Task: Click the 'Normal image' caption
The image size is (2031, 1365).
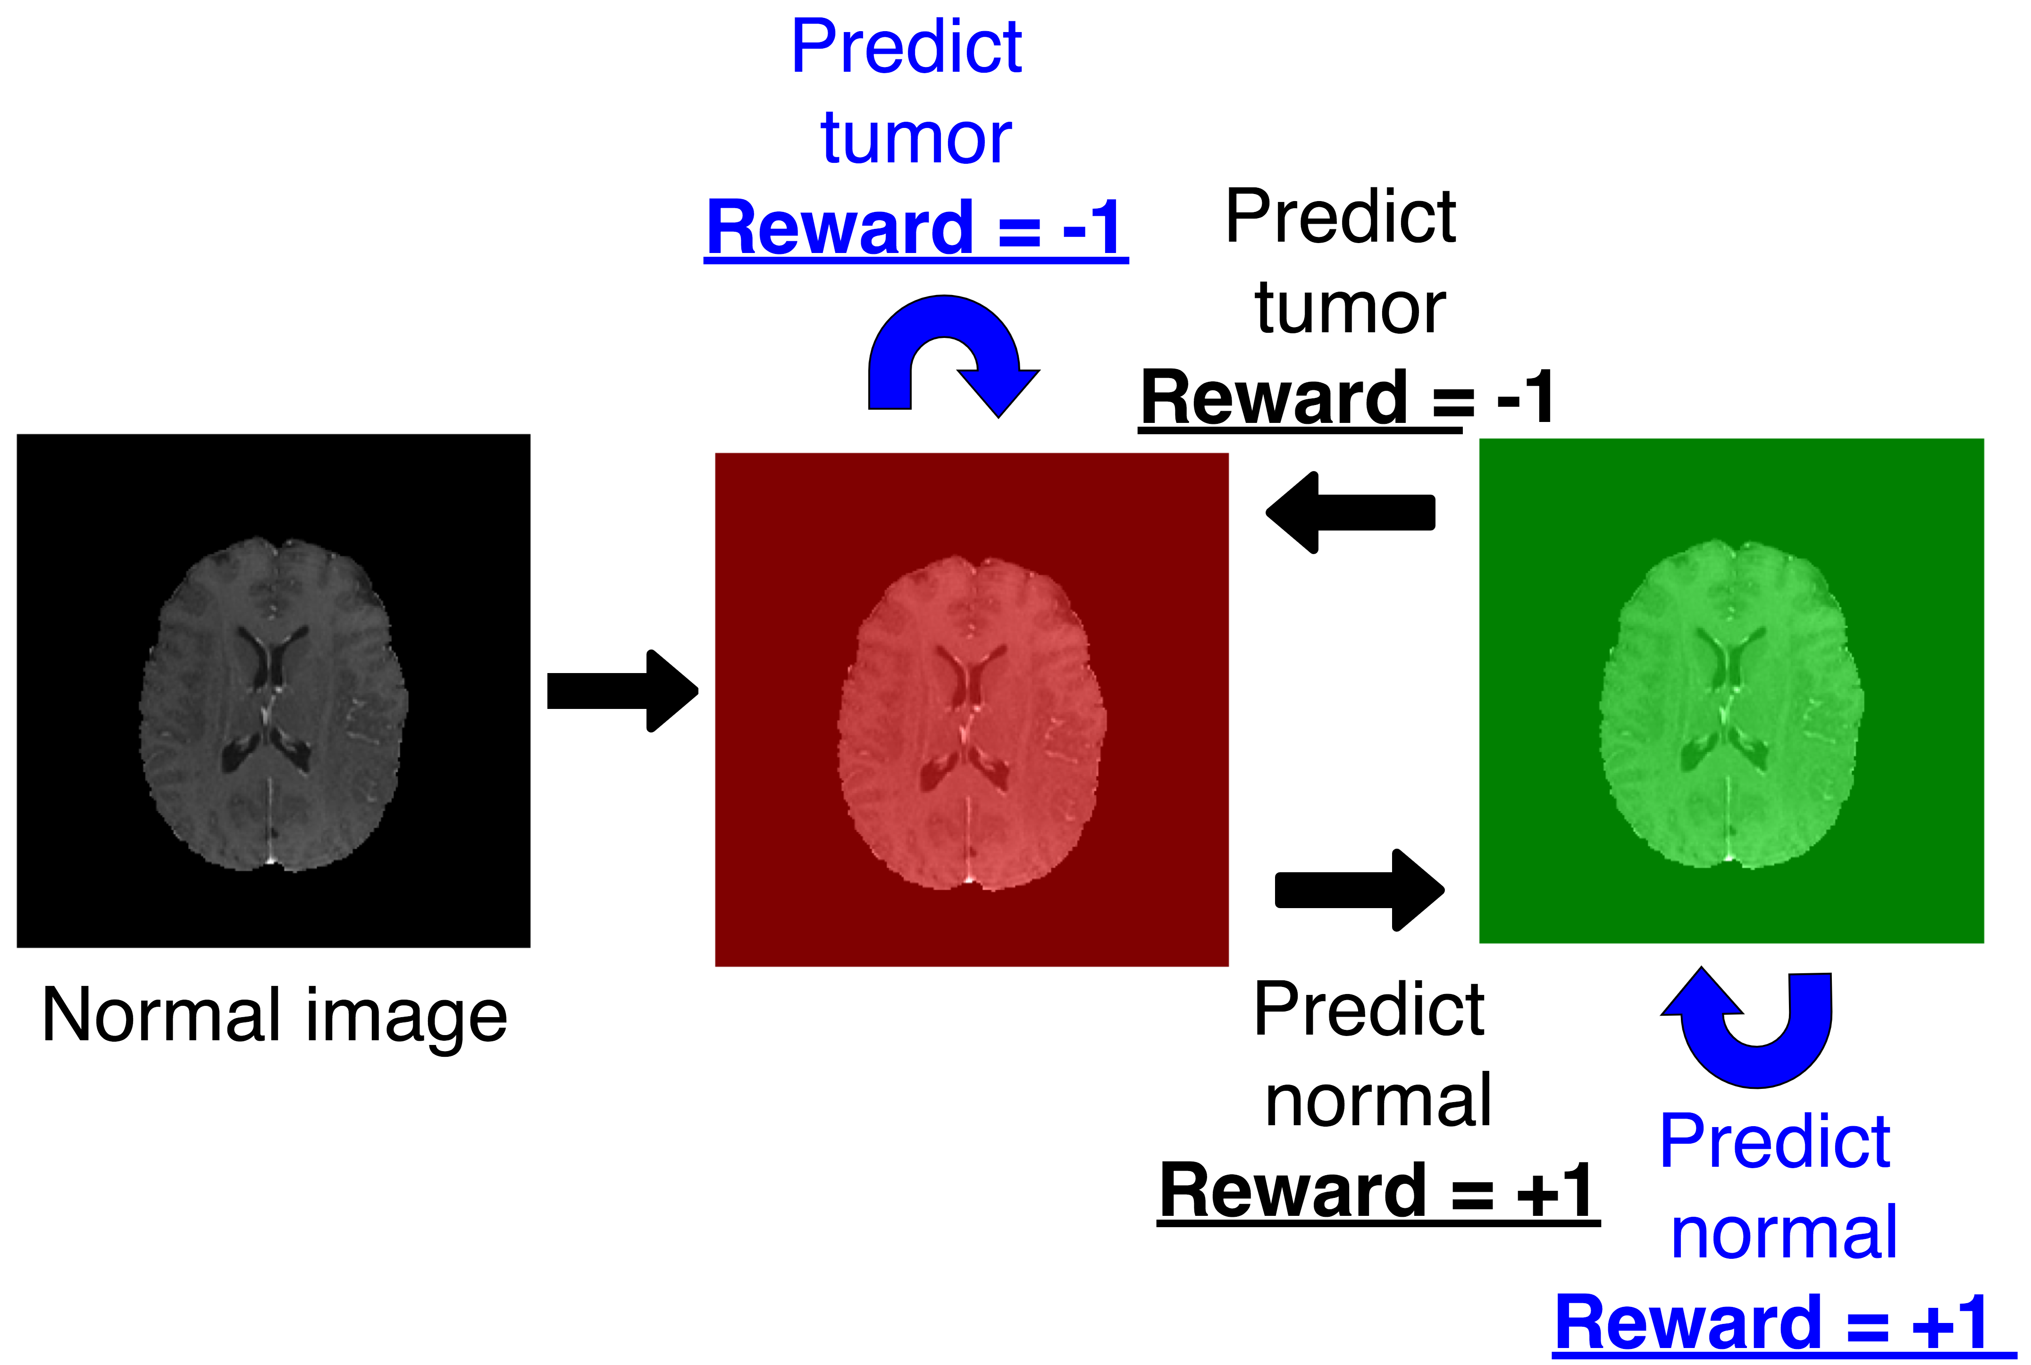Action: coord(274,1016)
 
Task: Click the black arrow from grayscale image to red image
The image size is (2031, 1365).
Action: coord(622,691)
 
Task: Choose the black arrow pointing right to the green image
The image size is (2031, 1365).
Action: coord(1359,890)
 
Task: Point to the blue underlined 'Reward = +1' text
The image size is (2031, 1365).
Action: coord(1784,1323)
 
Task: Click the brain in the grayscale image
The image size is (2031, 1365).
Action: coord(273,703)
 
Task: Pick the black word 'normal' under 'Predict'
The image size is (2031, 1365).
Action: coord(1378,1101)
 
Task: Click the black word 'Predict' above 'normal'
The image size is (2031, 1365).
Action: coord(1369,1009)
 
